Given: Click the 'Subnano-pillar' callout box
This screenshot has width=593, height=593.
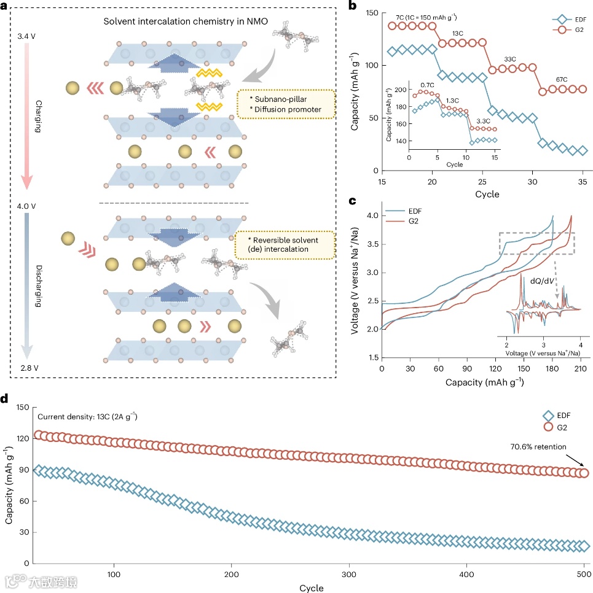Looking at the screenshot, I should pos(286,104).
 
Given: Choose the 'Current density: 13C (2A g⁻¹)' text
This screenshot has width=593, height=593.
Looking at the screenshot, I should pos(87,417).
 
